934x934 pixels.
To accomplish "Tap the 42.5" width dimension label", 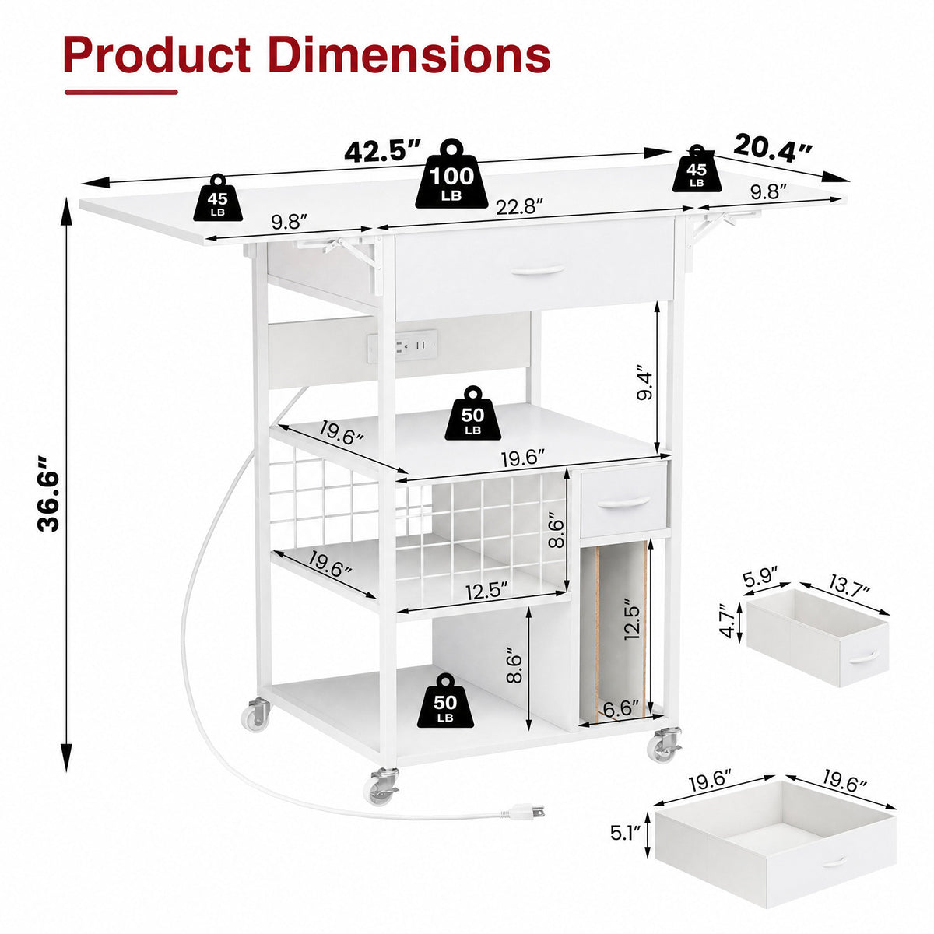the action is [x=383, y=150].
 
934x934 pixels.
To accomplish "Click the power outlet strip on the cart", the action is [x=402, y=346].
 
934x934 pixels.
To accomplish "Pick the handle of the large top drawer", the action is [x=538, y=269].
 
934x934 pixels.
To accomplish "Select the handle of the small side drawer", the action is [x=623, y=503].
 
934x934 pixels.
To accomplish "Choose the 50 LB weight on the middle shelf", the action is [x=472, y=413].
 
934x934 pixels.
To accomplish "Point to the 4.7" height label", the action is [x=728, y=620].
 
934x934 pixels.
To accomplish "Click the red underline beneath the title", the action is [x=121, y=92].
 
